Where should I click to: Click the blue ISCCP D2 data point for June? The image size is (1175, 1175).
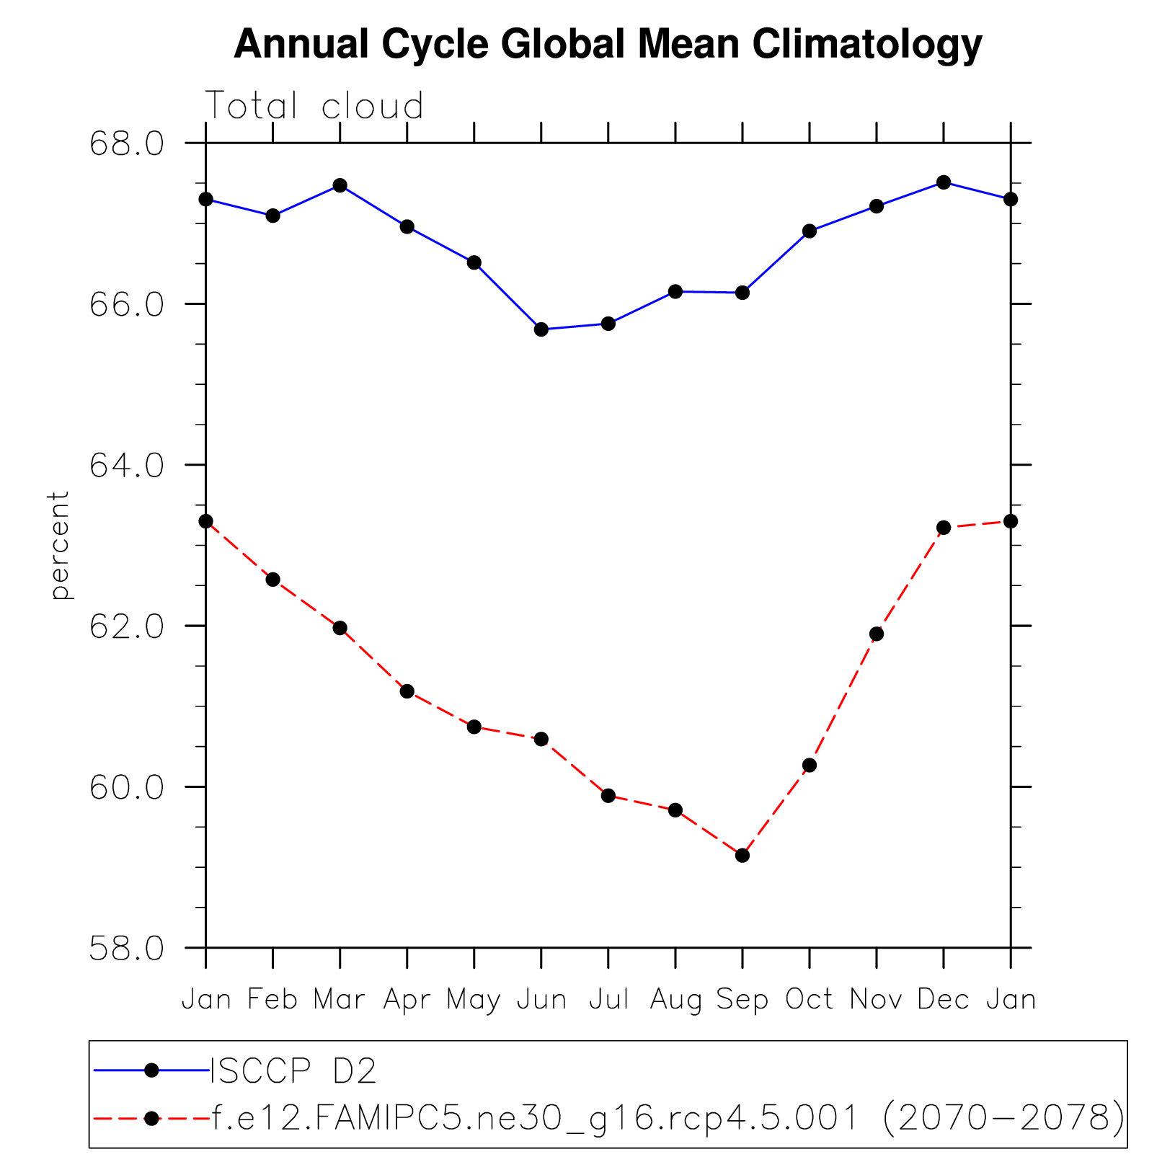(x=541, y=329)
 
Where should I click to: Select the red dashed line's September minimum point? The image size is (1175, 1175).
(x=742, y=855)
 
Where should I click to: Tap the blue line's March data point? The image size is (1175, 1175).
(x=340, y=185)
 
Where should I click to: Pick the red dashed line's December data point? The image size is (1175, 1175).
(x=944, y=528)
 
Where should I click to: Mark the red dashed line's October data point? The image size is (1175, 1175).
(x=810, y=765)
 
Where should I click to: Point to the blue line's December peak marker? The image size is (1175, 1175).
(x=944, y=182)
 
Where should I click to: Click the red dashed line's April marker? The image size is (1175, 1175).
(x=407, y=691)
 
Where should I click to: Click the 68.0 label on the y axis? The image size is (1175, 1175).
(x=126, y=143)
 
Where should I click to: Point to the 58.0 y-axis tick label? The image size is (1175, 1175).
(x=126, y=948)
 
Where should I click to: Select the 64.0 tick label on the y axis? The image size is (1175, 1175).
(x=126, y=465)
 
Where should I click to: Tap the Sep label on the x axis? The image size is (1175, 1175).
(x=742, y=1000)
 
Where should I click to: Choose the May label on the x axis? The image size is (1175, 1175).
(x=474, y=1001)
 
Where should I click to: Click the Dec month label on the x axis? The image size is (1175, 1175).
(x=944, y=1000)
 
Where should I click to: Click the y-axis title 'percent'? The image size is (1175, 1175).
(x=59, y=545)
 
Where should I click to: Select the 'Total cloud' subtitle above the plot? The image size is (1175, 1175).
(x=315, y=107)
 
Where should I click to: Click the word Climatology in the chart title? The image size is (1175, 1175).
(x=867, y=44)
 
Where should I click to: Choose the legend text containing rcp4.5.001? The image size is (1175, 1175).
(x=667, y=1118)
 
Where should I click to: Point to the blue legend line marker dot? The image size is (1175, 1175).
(x=151, y=1070)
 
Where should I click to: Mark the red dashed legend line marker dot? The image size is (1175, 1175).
(x=151, y=1118)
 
